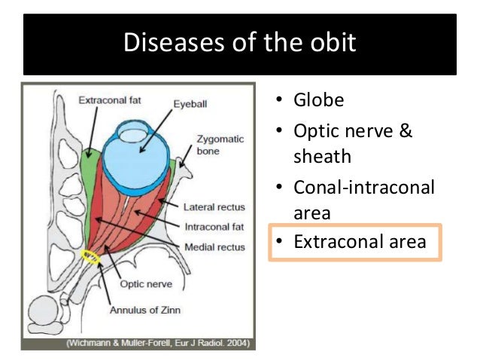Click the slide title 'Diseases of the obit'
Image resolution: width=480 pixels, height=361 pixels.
[x=239, y=43]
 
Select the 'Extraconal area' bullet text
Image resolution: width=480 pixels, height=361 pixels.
[x=360, y=242]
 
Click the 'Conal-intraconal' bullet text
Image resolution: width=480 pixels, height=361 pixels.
[x=363, y=186]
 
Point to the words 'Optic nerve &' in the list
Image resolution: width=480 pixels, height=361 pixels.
[x=354, y=130]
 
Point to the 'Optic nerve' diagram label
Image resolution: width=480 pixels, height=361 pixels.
[x=147, y=284]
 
